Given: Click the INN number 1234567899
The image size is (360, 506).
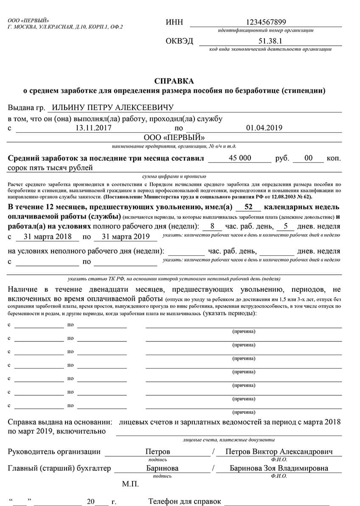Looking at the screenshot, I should [266, 22].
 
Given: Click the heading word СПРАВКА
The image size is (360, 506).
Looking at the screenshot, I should [174, 81].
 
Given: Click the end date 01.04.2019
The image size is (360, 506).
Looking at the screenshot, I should [264, 128].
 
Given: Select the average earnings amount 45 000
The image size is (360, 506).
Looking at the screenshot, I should [240, 158].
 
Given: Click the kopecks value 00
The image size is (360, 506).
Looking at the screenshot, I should [309, 158].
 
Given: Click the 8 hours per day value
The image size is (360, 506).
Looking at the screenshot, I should [213, 226].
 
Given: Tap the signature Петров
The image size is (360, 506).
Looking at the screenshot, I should [157, 452].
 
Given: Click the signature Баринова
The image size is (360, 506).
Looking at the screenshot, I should [162, 468].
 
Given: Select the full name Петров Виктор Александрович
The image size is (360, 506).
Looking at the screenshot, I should [279, 452].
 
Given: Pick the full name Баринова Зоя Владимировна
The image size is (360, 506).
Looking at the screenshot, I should [279, 468].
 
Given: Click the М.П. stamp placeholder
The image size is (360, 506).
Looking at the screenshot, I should [130, 484].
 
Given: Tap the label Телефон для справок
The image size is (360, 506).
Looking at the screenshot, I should [185, 502].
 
